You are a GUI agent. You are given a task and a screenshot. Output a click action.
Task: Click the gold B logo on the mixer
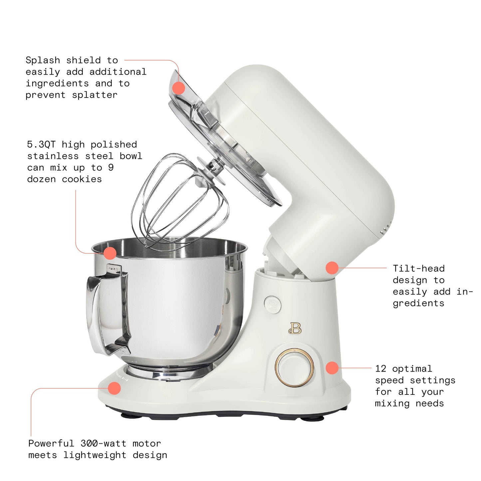(x=295, y=328)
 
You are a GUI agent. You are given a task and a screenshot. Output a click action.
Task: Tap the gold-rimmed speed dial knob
(x=294, y=367)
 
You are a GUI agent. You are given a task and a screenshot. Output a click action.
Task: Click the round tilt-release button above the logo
(x=272, y=304)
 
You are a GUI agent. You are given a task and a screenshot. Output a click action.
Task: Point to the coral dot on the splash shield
(x=179, y=88)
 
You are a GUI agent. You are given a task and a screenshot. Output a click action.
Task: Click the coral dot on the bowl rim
(x=110, y=253)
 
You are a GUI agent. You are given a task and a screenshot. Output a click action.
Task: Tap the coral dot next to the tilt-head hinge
(x=332, y=268)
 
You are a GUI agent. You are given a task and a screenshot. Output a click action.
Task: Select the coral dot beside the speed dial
(x=332, y=368)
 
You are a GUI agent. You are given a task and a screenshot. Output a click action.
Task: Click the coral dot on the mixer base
(x=114, y=388)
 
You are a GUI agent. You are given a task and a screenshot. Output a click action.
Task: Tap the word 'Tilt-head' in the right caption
(x=418, y=268)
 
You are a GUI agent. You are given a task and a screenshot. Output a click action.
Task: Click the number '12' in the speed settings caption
(x=380, y=369)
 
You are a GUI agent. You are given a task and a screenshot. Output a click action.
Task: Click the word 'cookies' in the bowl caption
(x=82, y=179)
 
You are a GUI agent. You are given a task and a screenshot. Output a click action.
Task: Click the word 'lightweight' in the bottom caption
(x=95, y=455)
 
